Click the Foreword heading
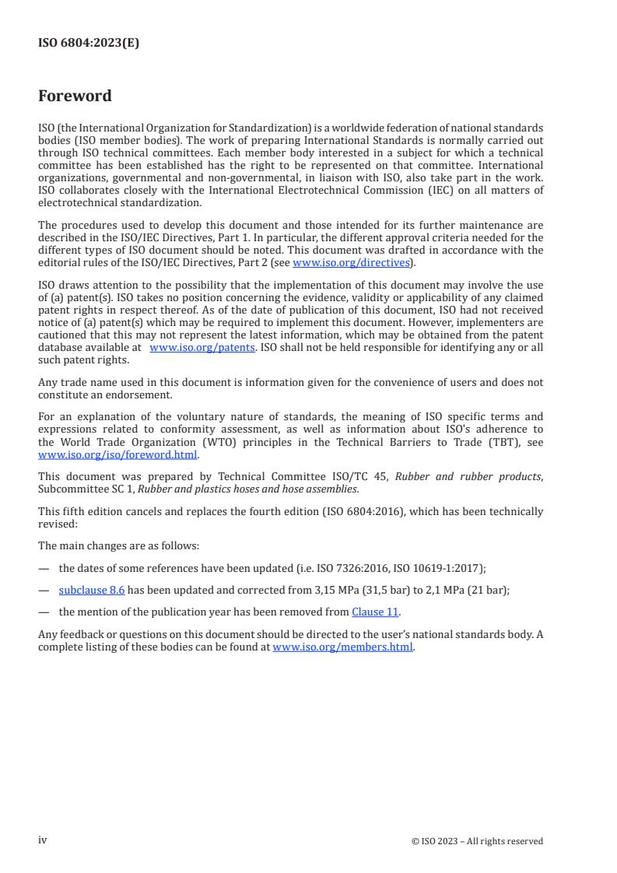(75, 96)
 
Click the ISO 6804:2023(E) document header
(89, 44)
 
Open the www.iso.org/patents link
(202, 348)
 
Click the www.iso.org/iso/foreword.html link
(118, 455)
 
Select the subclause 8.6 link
(92, 590)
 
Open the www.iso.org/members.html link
(342, 647)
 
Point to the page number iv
(43, 840)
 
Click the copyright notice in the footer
(477, 840)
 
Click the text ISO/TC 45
(363, 476)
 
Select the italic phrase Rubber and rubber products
(468, 476)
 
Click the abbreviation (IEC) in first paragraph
(411, 191)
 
